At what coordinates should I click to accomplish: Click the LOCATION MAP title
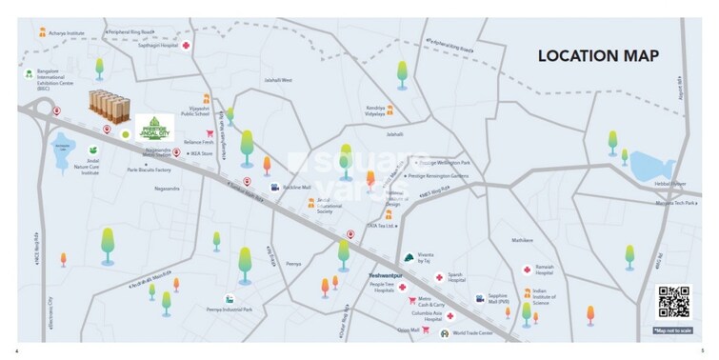click(598, 56)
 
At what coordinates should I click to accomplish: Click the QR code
click(673, 303)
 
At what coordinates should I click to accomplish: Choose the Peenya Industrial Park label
click(229, 310)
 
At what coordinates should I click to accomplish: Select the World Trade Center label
click(472, 332)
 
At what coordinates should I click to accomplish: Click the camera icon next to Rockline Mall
click(274, 188)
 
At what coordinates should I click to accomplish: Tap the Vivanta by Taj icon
click(409, 256)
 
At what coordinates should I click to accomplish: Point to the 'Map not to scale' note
click(674, 330)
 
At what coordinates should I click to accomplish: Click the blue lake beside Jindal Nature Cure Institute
click(64, 148)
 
